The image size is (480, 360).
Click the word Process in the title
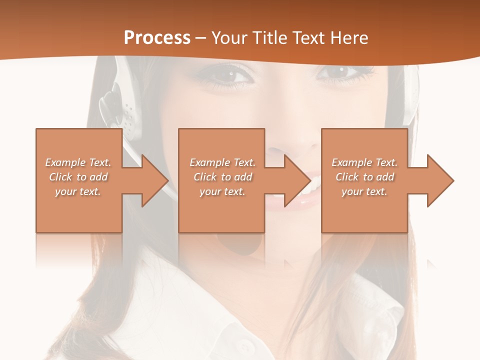tap(157, 38)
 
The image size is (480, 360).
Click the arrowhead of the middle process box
tap(297, 180)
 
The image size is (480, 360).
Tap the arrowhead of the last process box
tap(440, 180)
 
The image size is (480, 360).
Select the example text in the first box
tap(78, 177)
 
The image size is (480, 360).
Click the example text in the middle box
tap(222, 177)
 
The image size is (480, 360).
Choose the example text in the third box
tap(364, 177)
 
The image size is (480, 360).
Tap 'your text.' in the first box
tap(78, 191)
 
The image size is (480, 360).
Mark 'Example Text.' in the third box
tap(364, 162)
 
